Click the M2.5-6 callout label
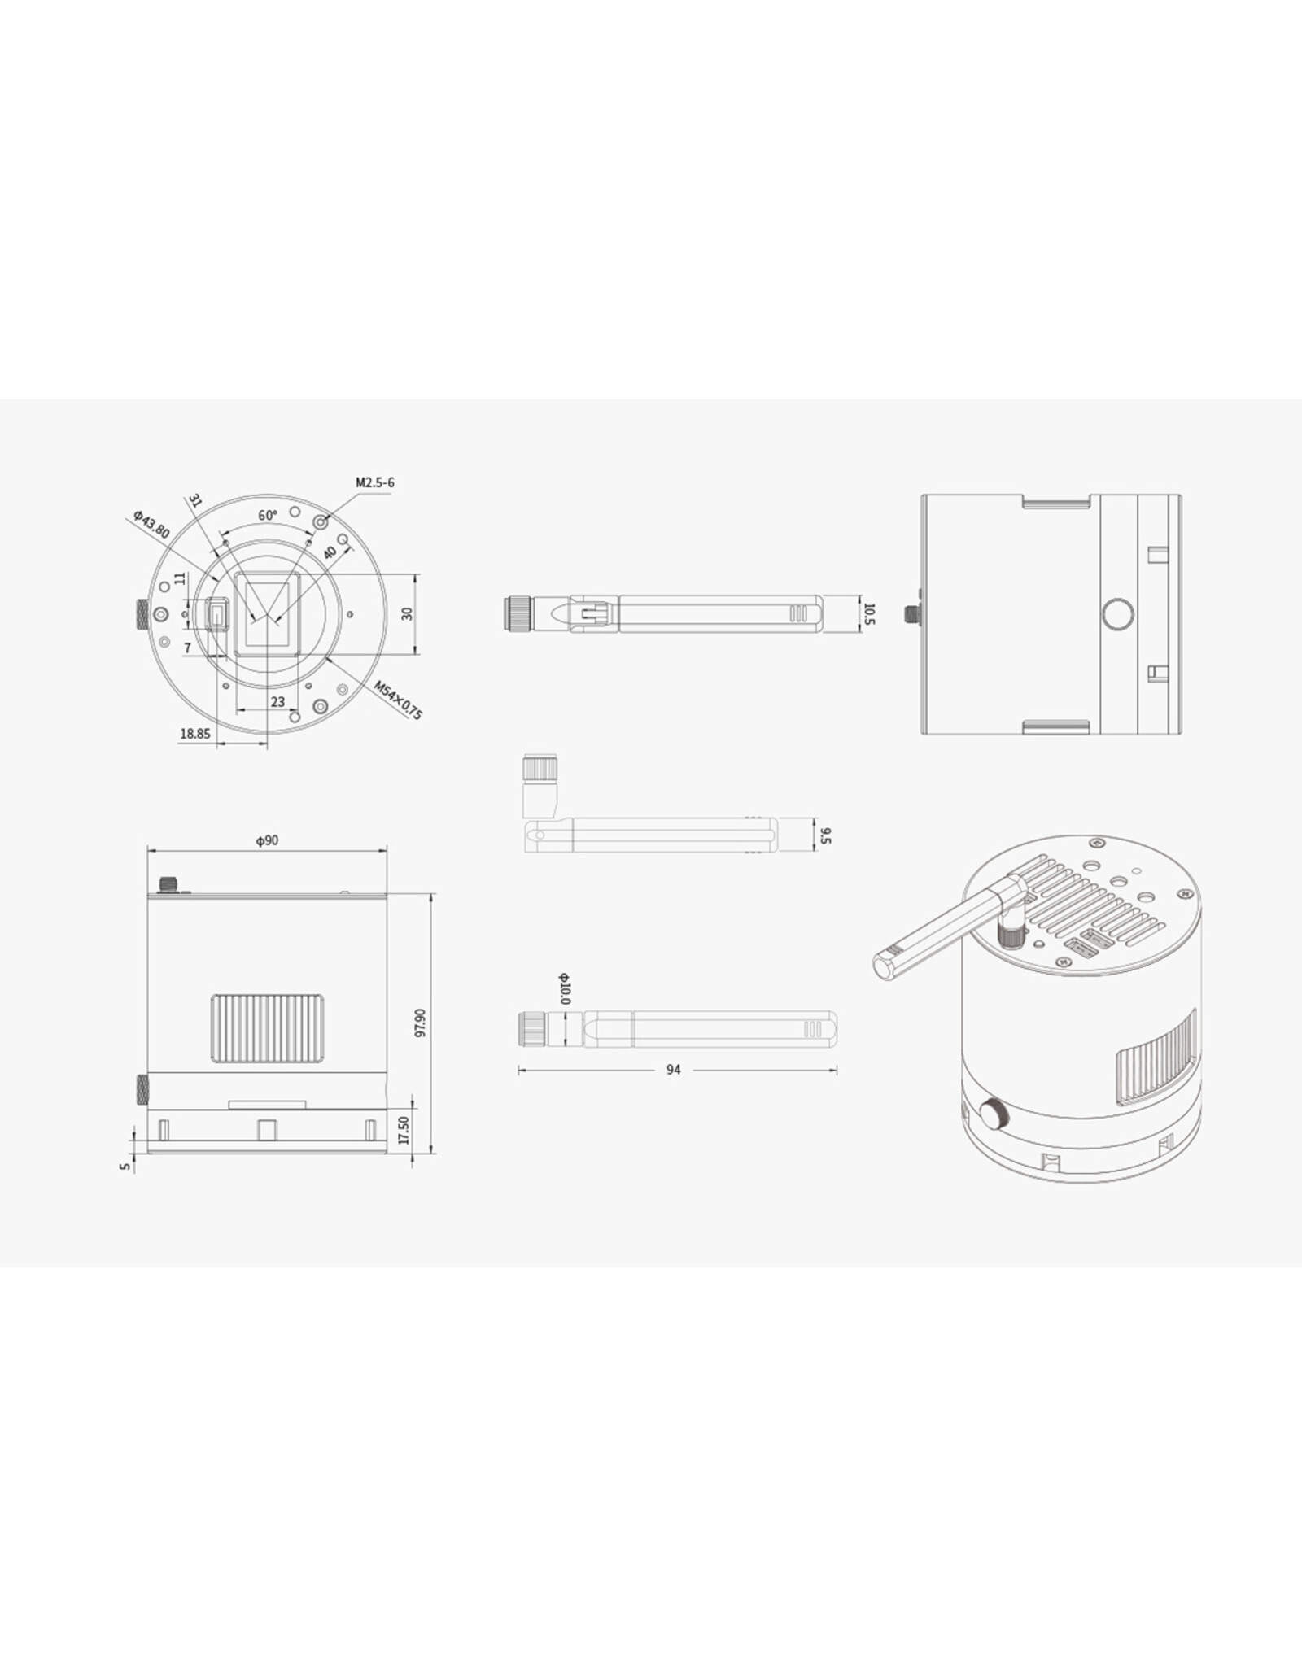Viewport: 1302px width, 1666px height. click(x=375, y=482)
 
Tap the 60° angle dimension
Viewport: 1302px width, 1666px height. click(x=268, y=515)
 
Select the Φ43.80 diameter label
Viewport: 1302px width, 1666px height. click(x=151, y=525)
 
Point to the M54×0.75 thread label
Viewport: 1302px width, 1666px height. click(x=399, y=700)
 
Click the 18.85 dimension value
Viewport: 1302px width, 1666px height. click(x=195, y=733)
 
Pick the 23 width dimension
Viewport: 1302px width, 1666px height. click(x=277, y=701)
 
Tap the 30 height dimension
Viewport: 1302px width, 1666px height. click(x=408, y=613)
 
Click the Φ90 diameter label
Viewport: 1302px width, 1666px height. click(x=267, y=840)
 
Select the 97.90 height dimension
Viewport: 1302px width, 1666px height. click(x=420, y=1023)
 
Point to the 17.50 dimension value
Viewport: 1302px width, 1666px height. click(x=403, y=1129)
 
